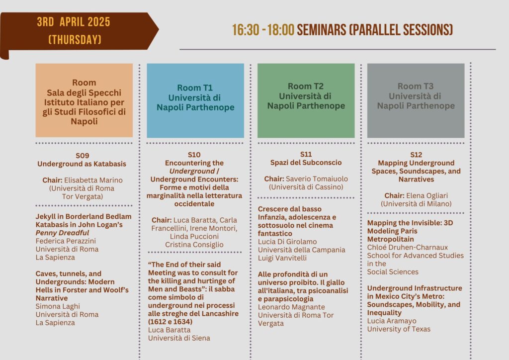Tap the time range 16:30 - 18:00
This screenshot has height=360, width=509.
pos(263,30)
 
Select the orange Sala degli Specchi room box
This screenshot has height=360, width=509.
pos(84,100)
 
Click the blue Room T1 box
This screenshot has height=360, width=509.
pos(195,100)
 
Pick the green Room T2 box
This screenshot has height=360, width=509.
pos(306,100)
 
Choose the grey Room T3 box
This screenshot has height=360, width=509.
pos(416,100)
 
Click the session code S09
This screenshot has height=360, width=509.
pos(83,156)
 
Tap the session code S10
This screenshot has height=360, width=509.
pos(194,155)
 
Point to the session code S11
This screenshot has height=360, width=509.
pos(306,154)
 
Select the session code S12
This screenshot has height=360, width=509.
pos(416,155)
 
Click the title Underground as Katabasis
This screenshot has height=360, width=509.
pos(82,164)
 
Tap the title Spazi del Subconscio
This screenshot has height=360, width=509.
pos(306,163)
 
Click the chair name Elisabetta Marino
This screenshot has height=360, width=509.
pos(93,180)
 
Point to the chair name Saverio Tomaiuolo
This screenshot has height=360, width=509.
pos(317,179)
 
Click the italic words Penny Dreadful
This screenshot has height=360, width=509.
pos(62,233)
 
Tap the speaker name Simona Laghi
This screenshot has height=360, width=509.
pos(58,306)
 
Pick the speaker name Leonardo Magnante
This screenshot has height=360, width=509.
pos(291,307)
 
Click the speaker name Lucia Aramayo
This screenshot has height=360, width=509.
pos(392,321)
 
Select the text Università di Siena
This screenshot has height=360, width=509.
pos(179,338)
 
